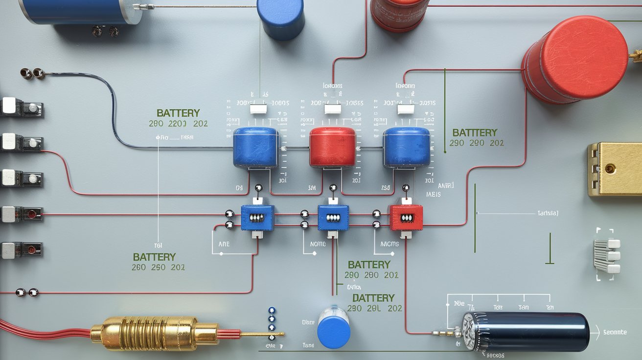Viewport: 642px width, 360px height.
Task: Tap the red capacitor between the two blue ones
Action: [332, 146]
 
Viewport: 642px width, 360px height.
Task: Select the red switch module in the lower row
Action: [405, 218]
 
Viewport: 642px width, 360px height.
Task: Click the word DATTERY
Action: [373, 298]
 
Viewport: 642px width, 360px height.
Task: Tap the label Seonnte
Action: [615, 332]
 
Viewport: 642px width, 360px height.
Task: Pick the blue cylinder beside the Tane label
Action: [333, 327]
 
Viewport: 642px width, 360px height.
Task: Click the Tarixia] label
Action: [548, 213]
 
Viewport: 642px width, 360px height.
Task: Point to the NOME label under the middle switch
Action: [318, 243]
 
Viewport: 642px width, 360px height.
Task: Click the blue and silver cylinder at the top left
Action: [81, 11]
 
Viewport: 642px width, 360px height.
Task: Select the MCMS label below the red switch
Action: [390, 243]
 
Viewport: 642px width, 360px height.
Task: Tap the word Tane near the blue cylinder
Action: [308, 345]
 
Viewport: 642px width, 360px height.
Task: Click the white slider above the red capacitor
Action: [332, 109]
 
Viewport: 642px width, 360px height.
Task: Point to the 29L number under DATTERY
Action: [373, 308]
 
